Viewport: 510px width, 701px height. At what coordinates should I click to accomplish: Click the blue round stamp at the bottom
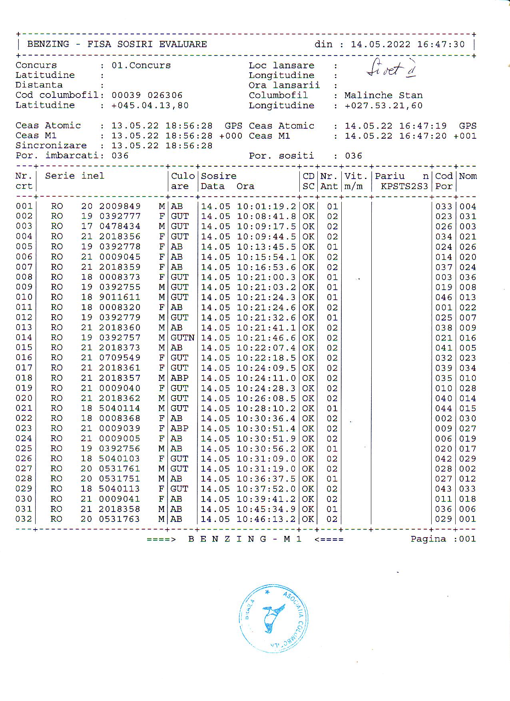[x=274, y=618]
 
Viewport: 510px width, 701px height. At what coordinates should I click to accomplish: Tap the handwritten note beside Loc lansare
[x=391, y=69]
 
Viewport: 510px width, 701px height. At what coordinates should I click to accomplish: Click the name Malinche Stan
[x=383, y=96]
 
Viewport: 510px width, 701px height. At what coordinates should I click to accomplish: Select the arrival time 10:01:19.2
[x=266, y=207]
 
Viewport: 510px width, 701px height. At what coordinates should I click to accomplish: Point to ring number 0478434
[x=120, y=227]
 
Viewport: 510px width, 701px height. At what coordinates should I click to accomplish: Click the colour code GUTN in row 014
[x=183, y=338]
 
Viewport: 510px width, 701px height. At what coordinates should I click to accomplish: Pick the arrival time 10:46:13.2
[x=266, y=519]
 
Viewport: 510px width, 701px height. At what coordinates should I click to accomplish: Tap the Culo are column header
[x=183, y=181]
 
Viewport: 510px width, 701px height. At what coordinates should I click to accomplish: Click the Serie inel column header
[x=74, y=176]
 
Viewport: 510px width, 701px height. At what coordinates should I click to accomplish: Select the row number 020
[x=24, y=398]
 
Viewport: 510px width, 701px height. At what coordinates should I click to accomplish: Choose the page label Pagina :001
[x=443, y=539]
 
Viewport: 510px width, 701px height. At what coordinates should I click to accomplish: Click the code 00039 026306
[x=147, y=96]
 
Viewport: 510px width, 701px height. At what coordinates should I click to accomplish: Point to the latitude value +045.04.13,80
[x=150, y=106]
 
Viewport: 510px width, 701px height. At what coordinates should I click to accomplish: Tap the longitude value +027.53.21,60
[x=383, y=106]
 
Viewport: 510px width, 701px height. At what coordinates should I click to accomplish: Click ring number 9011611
[x=120, y=297]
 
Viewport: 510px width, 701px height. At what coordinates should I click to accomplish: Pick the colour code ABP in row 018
[x=179, y=378]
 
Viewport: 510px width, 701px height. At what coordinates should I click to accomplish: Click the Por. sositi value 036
[x=353, y=156]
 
